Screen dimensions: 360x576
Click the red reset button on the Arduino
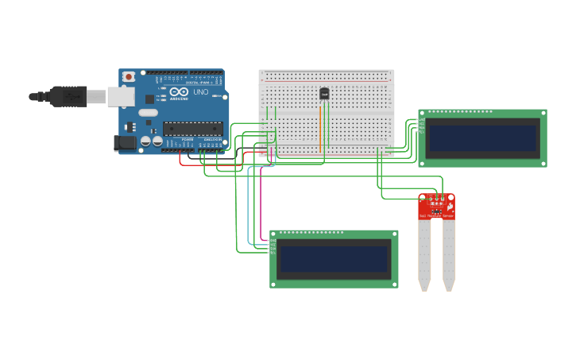click(129, 77)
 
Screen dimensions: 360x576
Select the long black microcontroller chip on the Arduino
click(192, 128)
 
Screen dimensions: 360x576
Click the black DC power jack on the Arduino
click(123, 143)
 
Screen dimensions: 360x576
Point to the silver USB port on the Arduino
click(120, 96)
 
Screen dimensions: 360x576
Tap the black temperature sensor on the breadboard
click(324, 94)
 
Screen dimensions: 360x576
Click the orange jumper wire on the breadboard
click(321, 127)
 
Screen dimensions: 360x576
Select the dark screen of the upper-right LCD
click(482, 137)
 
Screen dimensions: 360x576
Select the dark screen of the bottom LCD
click(334, 258)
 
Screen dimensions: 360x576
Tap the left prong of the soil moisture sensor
click(425, 254)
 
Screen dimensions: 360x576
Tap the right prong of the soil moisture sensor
click(449, 254)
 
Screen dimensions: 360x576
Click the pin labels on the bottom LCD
click(273, 246)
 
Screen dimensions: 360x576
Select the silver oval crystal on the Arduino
click(148, 113)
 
